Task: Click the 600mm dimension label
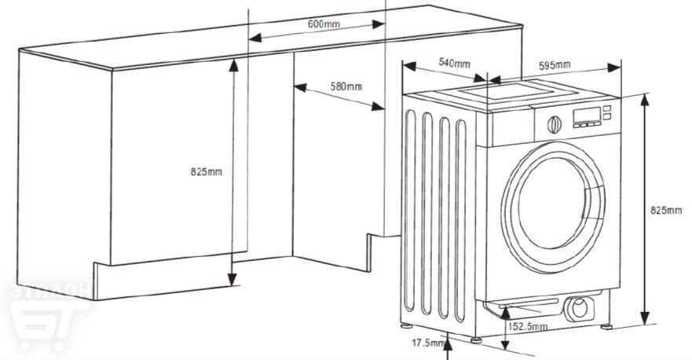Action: [x=324, y=24]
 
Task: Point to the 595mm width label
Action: [x=555, y=65]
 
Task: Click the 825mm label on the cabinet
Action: [x=207, y=171]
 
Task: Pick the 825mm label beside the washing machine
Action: [x=667, y=210]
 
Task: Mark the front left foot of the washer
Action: [x=478, y=340]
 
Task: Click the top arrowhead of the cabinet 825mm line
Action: [x=232, y=64]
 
